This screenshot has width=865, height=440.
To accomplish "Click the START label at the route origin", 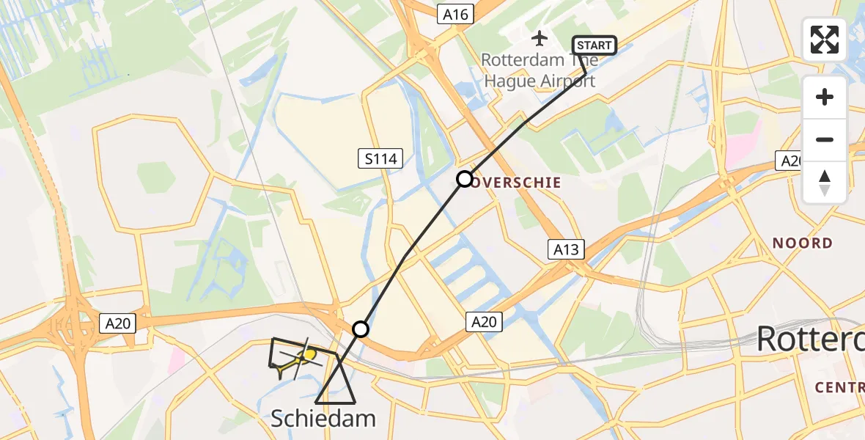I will click(x=594, y=45).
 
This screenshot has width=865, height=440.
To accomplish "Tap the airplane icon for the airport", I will click(x=540, y=37).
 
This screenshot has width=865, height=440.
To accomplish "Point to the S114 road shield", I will click(x=381, y=158).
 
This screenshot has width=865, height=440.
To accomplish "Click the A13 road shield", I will click(x=566, y=250).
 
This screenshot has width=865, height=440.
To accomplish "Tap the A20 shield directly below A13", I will click(x=484, y=320).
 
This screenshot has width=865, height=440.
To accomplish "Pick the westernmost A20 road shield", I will click(x=118, y=323).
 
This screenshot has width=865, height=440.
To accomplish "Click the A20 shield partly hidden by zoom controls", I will click(x=789, y=161).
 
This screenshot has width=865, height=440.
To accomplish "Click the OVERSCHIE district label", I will click(x=521, y=183).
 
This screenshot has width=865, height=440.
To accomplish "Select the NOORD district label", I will click(x=803, y=243).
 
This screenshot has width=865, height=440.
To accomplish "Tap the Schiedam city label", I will click(x=323, y=419).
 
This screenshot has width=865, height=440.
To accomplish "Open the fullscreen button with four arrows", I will click(x=825, y=39).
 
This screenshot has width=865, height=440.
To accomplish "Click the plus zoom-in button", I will click(x=825, y=97).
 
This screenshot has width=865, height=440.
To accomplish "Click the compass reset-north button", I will click(x=825, y=183).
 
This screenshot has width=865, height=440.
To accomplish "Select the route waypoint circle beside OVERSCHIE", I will click(x=465, y=178).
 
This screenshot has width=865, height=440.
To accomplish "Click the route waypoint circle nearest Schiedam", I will click(x=360, y=329).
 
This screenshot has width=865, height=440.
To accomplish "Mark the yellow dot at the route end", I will click(x=310, y=356).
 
